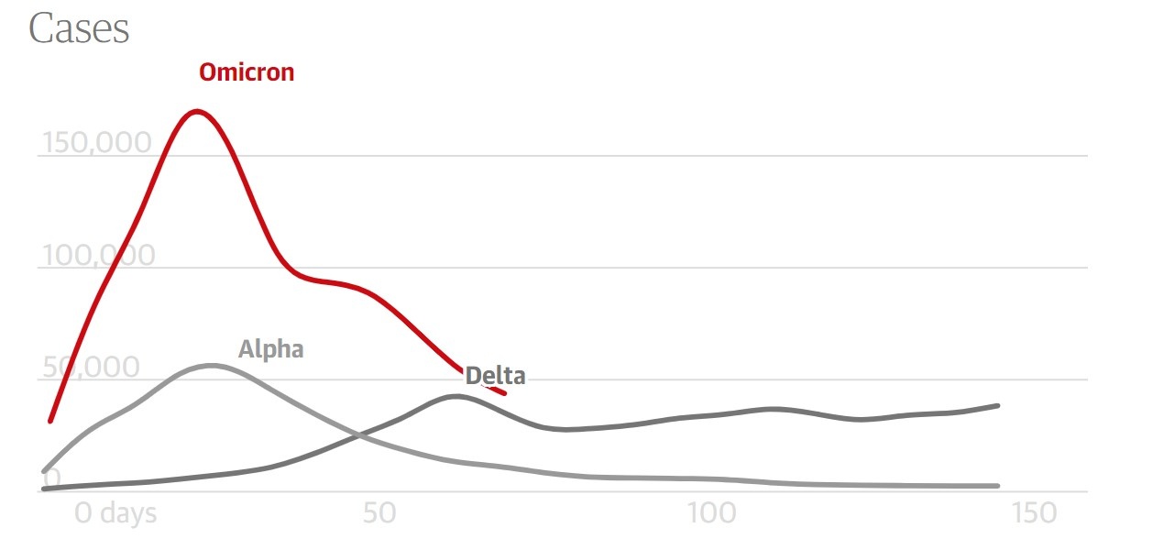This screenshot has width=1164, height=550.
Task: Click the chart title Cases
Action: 79,29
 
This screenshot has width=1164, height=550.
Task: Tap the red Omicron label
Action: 247,72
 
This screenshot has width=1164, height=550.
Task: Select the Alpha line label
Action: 270,349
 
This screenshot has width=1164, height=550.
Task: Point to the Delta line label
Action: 495,376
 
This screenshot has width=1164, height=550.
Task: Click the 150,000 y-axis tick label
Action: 96,143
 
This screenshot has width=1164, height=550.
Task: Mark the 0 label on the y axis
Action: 51,478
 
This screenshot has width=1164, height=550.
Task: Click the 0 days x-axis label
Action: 115,513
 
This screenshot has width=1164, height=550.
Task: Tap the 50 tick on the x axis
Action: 379,513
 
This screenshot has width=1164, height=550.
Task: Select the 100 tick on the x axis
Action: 712,513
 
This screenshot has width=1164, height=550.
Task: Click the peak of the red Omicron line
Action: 196,112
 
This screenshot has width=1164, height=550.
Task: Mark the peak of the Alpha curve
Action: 211,366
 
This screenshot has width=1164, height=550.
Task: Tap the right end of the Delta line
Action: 997,405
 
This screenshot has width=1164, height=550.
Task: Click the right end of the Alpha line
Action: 997,486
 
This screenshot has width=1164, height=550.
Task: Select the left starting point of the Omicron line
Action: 50,421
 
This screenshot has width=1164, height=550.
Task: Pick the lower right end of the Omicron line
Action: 503,392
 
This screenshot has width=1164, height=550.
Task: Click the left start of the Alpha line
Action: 45,471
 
